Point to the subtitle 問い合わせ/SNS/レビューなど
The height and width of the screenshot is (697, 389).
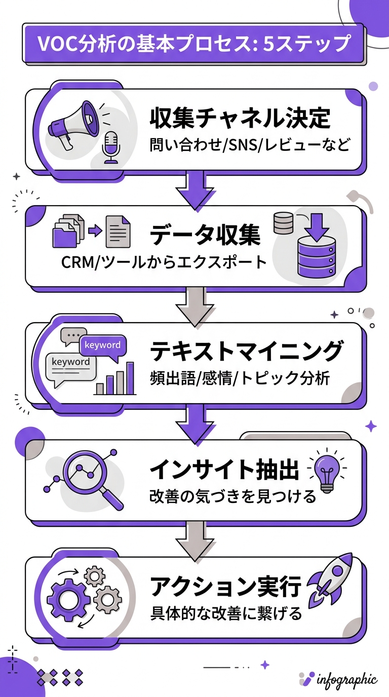pyautogui.click(x=250, y=145)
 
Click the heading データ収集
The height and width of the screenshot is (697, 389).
pyautogui.click(x=205, y=235)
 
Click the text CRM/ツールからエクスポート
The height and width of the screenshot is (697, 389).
pyautogui.click(x=163, y=262)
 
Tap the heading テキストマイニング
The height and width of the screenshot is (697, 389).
pyautogui.click(x=247, y=351)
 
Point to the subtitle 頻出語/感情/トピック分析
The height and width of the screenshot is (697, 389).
pyautogui.click(x=240, y=378)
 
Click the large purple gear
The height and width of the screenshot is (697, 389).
pyautogui.click(x=68, y=600)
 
